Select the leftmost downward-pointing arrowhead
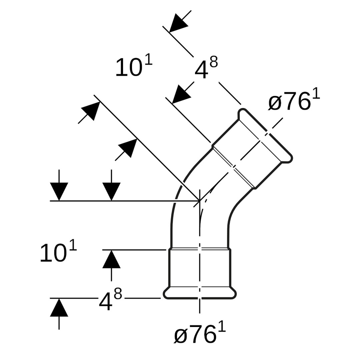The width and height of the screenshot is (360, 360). pyautogui.click(x=59, y=191)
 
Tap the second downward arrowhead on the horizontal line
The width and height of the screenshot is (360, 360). pyautogui.click(x=111, y=191)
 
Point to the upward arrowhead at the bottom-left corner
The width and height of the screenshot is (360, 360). pyautogui.click(x=59, y=308)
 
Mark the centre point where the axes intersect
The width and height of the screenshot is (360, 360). pyautogui.click(x=200, y=201)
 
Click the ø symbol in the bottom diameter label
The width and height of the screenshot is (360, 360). pyautogui.click(x=180, y=335)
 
